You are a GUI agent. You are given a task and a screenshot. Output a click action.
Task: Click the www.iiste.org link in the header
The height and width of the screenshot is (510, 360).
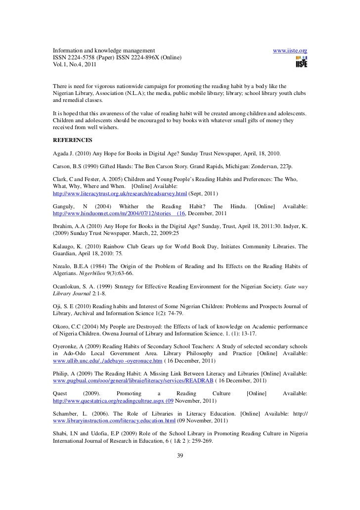tap(290, 51)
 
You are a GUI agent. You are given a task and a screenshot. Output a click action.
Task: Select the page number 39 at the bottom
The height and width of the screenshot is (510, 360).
tap(180, 455)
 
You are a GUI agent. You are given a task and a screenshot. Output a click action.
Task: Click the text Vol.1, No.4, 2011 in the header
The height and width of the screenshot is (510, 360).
tap(75, 65)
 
